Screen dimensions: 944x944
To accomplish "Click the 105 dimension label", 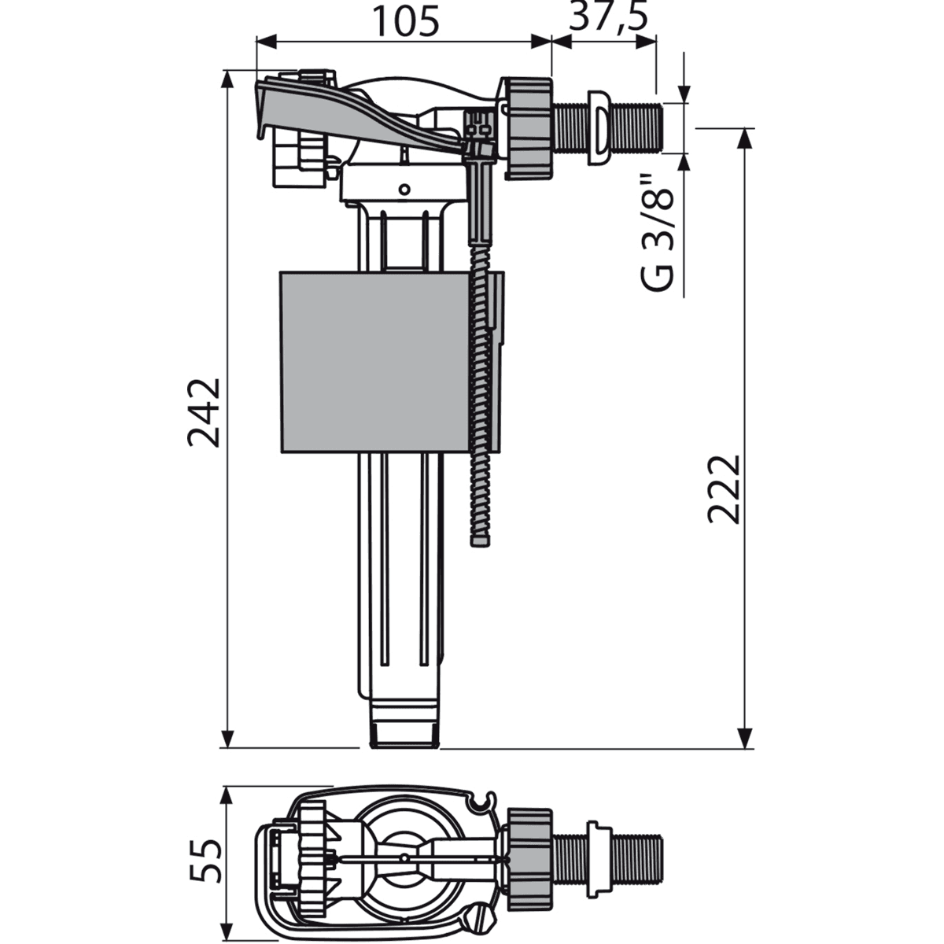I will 405,21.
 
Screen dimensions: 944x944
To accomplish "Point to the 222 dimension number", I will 723,487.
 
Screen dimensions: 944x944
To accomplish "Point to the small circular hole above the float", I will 404,189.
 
